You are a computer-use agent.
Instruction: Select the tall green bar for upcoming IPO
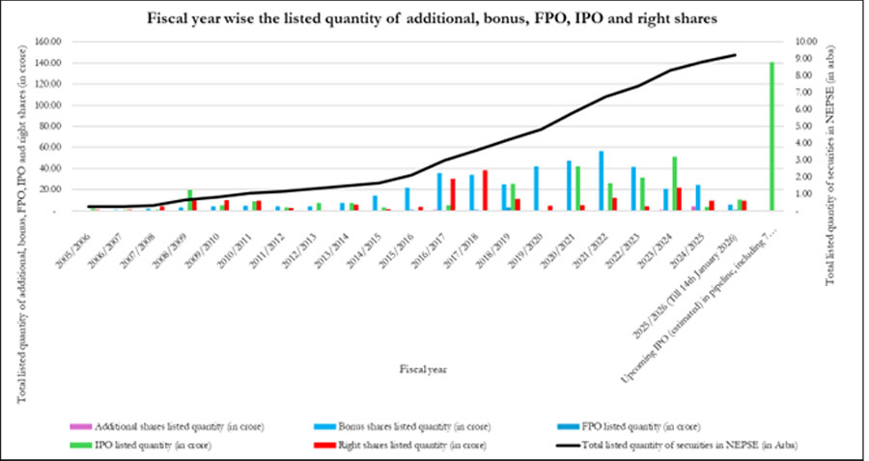[x=772, y=136]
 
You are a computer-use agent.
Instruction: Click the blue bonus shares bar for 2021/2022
[x=602, y=181]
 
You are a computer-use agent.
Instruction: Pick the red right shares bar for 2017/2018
[x=486, y=190]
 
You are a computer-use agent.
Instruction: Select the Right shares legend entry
[x=395, y=446]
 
